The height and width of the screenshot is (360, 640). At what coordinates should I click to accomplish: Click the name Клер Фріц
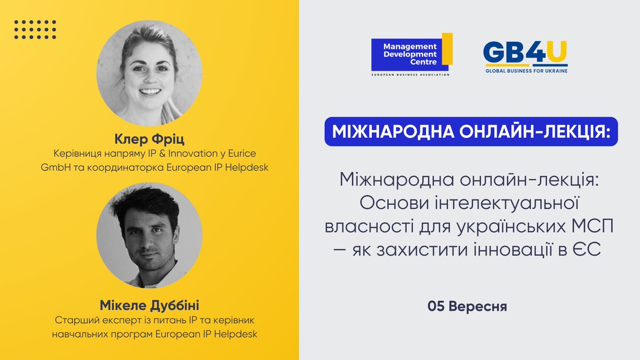(149, 140)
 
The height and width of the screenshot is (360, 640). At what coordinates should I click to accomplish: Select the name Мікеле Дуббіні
(149, 306)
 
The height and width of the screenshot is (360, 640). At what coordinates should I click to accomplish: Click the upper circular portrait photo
(149, 73)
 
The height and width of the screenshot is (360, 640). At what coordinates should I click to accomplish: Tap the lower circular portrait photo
(149, 235)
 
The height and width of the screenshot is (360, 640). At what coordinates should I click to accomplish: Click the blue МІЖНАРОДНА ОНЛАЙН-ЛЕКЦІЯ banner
(471, 132)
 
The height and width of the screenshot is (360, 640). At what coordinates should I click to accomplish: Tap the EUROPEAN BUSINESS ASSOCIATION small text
(411, 75)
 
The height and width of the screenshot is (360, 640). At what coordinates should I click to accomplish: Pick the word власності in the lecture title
(363, 226)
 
